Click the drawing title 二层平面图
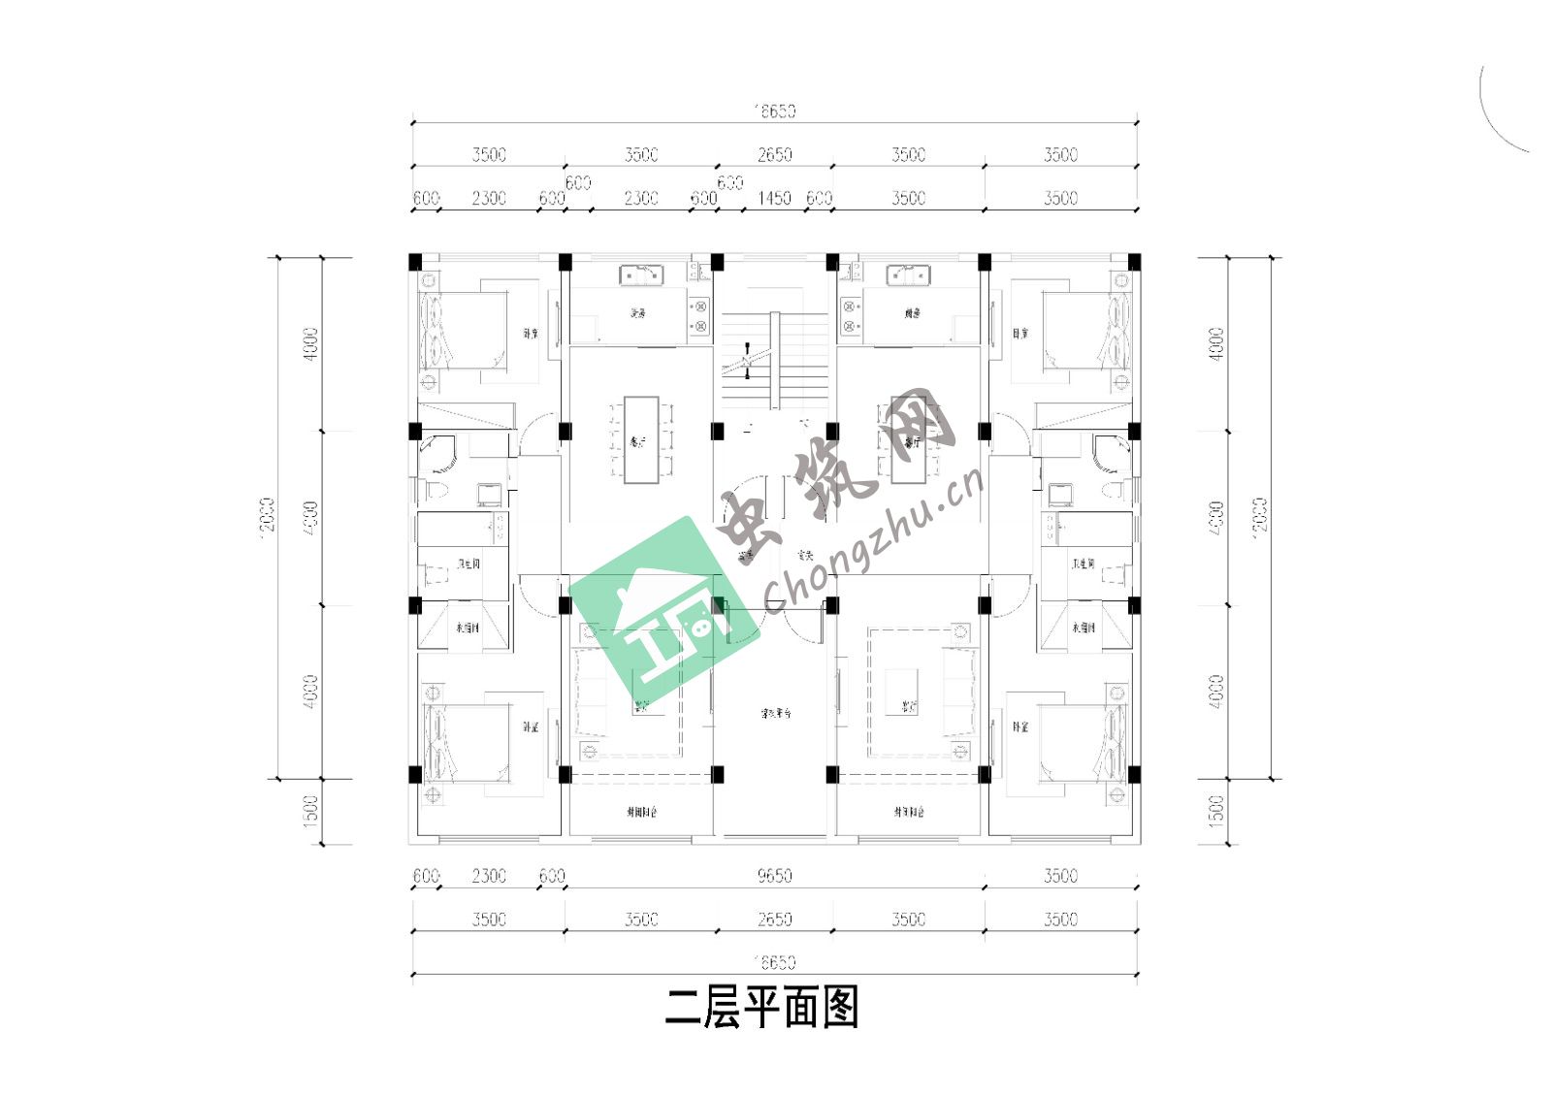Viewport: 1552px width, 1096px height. (762, 1009)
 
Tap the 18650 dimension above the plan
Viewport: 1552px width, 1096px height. (775, 111)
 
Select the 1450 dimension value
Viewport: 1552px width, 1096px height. (774, 198)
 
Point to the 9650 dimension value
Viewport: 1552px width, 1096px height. (774, 876)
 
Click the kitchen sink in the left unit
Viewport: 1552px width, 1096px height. (641, 275)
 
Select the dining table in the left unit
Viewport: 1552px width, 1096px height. (640, 439)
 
